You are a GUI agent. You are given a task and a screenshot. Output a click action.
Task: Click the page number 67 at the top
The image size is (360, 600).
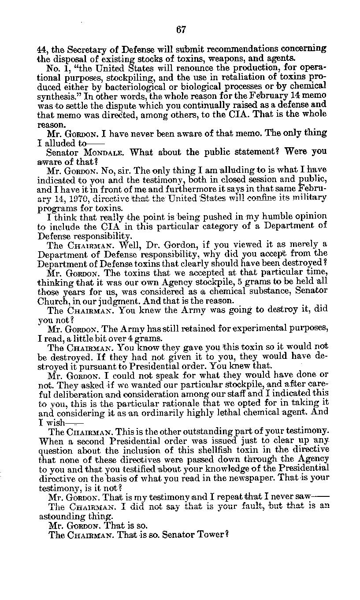[x=181, y=30]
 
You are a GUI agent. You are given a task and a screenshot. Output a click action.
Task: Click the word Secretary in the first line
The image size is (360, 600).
[x=82, y=49]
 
